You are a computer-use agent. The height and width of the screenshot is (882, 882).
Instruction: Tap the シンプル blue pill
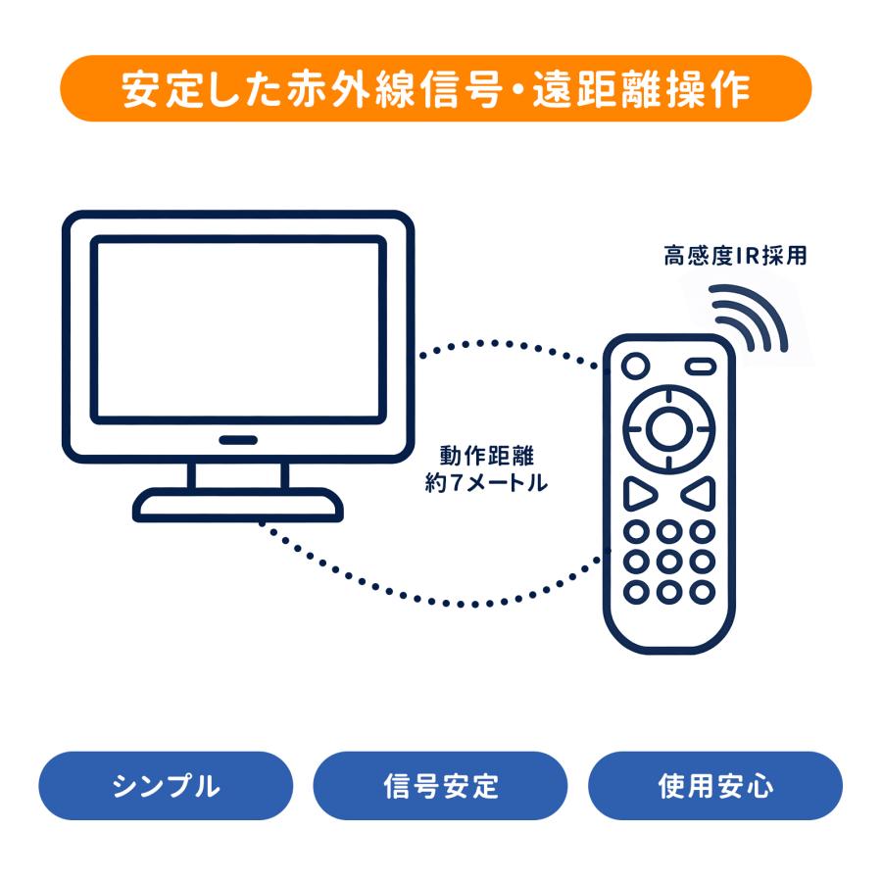pos(166,786)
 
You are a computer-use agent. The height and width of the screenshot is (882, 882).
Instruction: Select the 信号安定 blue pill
pos(440,786)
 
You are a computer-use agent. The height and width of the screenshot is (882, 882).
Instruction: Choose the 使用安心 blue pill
pos(714,786)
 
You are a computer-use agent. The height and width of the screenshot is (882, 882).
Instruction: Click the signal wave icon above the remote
pos(752,316)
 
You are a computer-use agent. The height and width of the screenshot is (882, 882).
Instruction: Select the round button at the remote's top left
pos(635,366)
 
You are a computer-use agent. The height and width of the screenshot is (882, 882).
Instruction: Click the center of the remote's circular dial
pos(667,425)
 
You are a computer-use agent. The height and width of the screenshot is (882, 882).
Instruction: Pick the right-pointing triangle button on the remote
pos(637,492)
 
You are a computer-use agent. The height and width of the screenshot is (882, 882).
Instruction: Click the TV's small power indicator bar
pos(237,439)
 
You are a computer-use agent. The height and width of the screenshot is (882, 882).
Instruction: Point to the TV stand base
pos(238,505)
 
